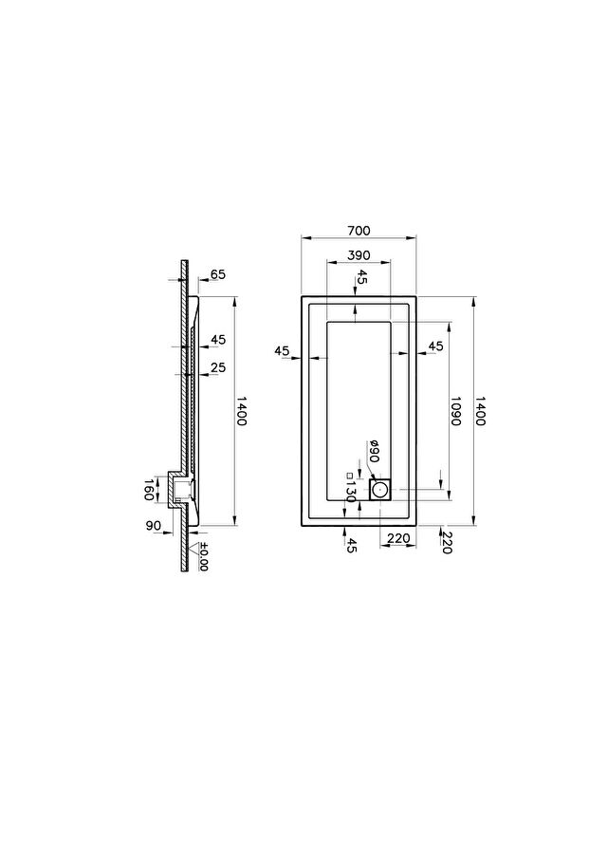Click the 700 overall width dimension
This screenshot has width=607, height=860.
359,231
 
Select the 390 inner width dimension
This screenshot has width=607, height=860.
359,255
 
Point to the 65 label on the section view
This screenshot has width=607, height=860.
218,274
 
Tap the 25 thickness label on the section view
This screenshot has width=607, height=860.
218,367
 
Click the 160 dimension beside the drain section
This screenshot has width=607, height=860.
148,490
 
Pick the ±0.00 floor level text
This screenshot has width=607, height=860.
203,556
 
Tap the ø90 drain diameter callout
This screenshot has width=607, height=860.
375,451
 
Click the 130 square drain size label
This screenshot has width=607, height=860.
351,488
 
